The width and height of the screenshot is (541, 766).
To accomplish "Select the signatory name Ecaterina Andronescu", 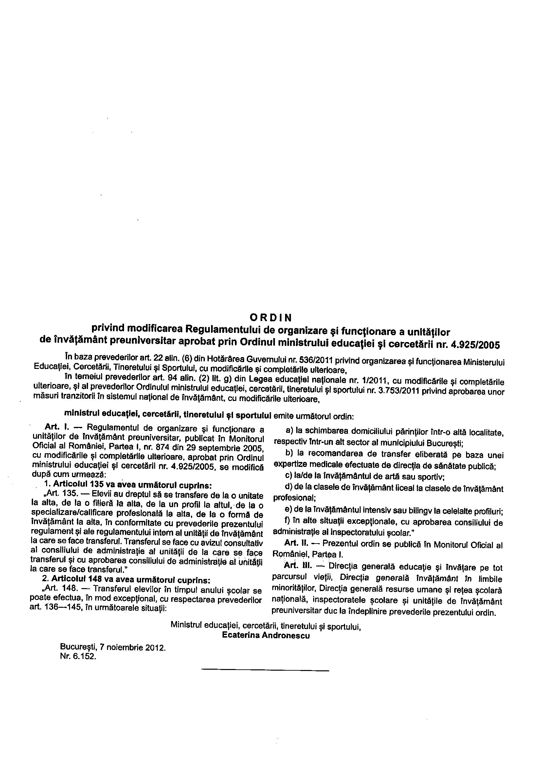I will [x=266, y=635].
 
